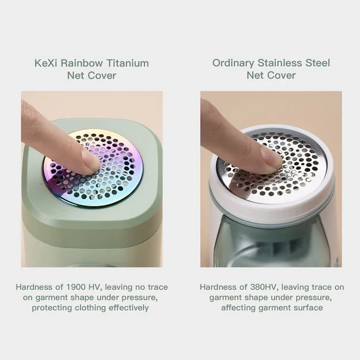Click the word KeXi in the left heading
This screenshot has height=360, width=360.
point(46,63)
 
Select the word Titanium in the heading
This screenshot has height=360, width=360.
point(128,63)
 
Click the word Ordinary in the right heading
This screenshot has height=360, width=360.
point(233,64)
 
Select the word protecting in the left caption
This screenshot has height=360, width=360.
point(52,308)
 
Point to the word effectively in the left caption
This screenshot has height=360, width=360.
point(128,308)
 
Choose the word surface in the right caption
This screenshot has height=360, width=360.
point(308,308)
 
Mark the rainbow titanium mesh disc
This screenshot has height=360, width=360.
point(92,168)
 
